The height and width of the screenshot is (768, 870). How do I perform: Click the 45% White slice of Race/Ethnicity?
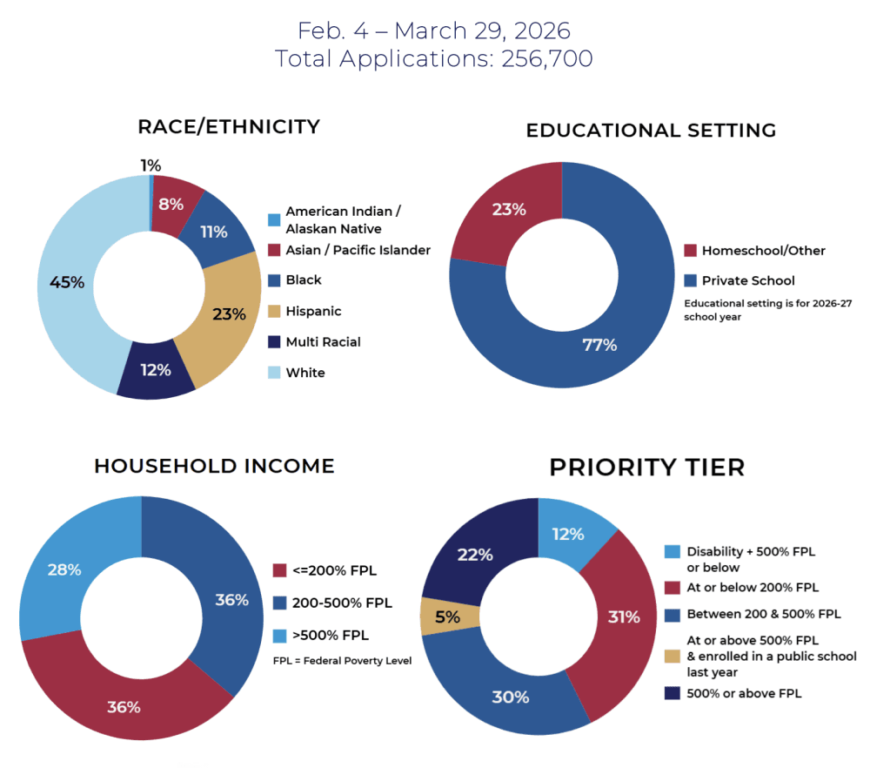tap(67, 283)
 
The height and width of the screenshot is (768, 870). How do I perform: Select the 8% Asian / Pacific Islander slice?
tap(172, 205)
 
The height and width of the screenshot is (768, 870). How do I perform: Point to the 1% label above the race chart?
tap(151, 165)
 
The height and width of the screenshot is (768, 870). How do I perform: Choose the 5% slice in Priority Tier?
tap(448, 616)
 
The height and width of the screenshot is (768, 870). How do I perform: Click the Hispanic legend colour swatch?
tap(274, 311)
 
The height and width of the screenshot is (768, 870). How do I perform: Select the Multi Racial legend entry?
tap(314, 342)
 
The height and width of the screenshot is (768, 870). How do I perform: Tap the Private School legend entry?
tap(739, 280)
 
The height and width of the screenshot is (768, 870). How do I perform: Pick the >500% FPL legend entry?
tap(321, 636)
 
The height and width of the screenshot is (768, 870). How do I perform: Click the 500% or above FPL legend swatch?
tap(672, 693)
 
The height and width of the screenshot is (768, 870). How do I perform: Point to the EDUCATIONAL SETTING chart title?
tap(651, 131)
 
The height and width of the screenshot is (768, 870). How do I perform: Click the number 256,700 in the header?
tap(547, 59)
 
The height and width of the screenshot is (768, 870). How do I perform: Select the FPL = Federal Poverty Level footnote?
tap(342, 661)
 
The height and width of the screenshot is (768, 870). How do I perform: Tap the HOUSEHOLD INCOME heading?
tap(214, 466)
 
